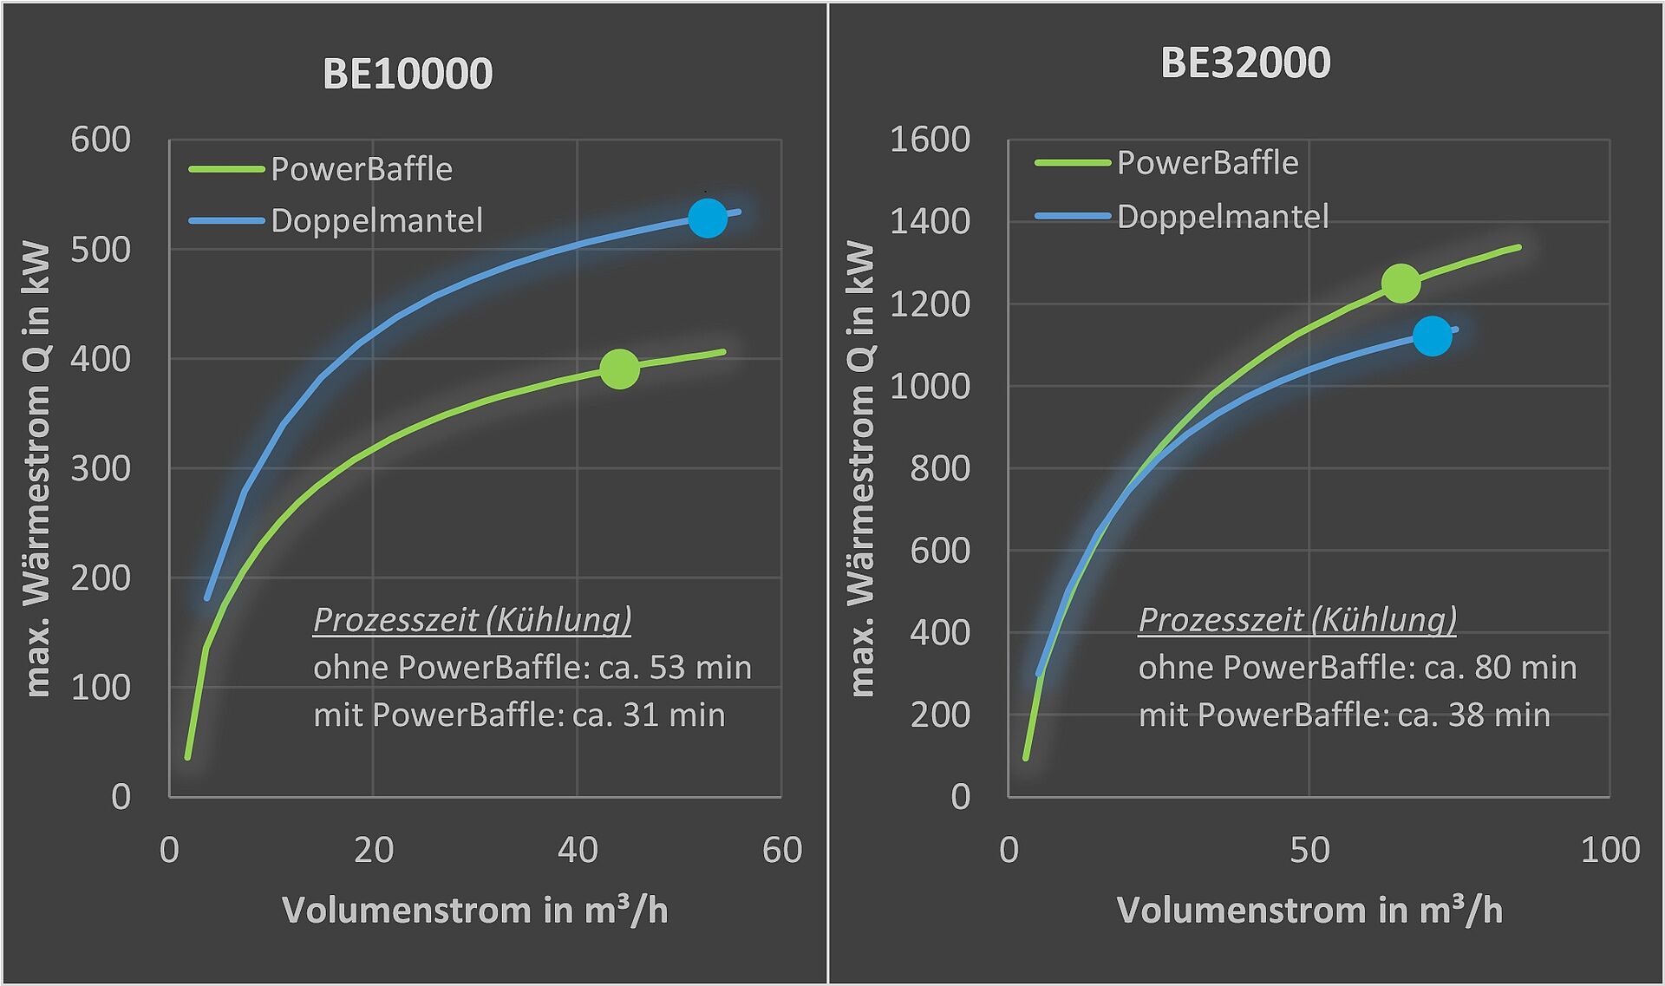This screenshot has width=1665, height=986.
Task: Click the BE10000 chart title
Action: click(408, 74)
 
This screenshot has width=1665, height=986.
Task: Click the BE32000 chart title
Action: click(1245, 63)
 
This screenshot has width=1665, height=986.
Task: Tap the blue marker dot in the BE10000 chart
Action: click(708, 218)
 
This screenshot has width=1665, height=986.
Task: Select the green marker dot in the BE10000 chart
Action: click(619, 369)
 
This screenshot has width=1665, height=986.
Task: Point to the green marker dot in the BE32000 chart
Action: click(1401, 283)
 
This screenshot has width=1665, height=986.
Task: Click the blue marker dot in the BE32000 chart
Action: click(1432, 336)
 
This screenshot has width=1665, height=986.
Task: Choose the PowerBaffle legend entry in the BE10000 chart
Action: click(361, 169)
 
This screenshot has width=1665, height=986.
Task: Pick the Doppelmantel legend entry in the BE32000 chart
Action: click(1222, 217)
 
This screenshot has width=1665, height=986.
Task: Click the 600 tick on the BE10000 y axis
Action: click(101, 140)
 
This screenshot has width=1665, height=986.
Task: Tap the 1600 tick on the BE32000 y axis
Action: click(930, 140)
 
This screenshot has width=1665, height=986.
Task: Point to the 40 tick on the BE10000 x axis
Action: click(578, 850)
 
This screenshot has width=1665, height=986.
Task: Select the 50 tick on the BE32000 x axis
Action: click(1309, 850)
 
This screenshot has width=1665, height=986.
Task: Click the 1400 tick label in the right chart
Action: click(930, 222)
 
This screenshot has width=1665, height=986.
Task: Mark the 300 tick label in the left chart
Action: click(101, 468)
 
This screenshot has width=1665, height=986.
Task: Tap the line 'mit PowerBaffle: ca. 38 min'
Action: click(1343, 715)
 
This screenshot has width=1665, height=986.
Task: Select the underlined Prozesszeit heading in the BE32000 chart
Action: click(1296, 620)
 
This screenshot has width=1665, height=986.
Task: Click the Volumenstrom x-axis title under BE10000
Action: click(474, 911)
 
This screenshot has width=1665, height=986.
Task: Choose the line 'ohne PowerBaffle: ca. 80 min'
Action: click(1357, 668)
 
